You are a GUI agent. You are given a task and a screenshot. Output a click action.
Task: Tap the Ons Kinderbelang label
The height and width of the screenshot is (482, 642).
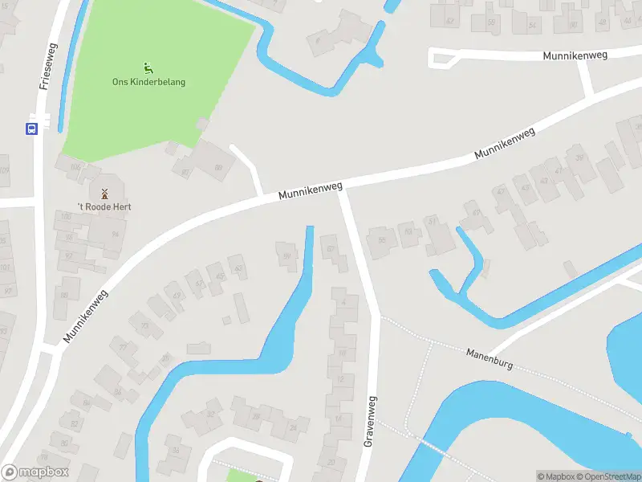(148, 82)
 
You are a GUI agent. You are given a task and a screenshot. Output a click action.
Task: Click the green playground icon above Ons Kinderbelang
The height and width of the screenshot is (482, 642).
(148, 67)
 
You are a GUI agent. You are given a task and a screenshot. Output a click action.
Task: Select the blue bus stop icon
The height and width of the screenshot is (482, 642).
(32, 129)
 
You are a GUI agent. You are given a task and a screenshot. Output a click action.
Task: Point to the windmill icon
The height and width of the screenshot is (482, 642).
(104, 193)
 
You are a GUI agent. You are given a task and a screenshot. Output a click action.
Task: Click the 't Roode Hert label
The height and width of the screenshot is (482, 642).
(104, 206)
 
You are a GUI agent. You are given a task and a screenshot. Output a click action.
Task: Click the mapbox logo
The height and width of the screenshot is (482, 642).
(35, 472)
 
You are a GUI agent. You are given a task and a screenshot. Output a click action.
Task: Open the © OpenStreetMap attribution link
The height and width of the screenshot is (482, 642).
(607, 476)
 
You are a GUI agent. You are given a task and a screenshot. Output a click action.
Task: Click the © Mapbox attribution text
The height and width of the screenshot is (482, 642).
(554, 476)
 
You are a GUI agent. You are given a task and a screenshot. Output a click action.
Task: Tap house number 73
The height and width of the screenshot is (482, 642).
(145, 325)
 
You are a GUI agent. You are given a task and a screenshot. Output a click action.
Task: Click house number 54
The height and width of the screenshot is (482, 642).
(532, 25)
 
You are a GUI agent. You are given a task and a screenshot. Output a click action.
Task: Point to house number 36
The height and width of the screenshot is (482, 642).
(176, 451)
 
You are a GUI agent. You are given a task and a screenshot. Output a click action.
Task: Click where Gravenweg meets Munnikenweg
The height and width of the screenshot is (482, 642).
(342, 190)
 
